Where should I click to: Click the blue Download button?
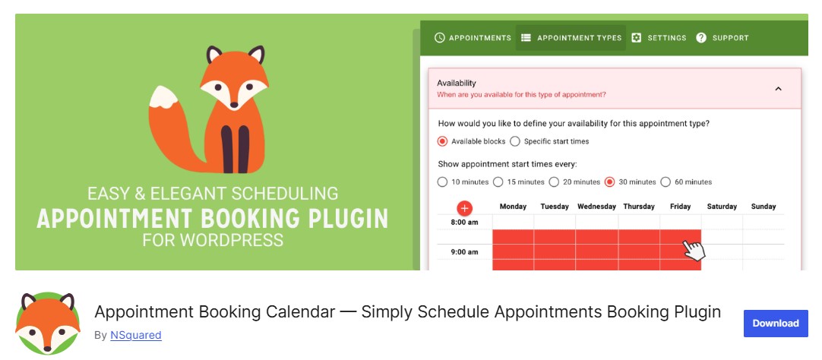775,324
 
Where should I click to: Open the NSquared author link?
135,335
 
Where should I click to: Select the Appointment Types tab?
571,38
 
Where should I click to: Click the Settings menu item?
659,38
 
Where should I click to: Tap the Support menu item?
722,38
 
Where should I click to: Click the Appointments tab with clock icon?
473,38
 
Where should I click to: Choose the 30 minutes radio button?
609,182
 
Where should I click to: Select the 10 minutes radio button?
443,182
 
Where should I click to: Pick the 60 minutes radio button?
666,182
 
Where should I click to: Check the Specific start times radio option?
515,141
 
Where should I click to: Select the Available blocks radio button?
443,141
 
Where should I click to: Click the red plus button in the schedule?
465,207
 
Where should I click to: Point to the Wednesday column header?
596,207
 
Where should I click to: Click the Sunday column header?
763,207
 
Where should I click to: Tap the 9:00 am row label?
463,252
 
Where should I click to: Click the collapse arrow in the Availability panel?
778,89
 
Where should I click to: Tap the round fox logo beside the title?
48,324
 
